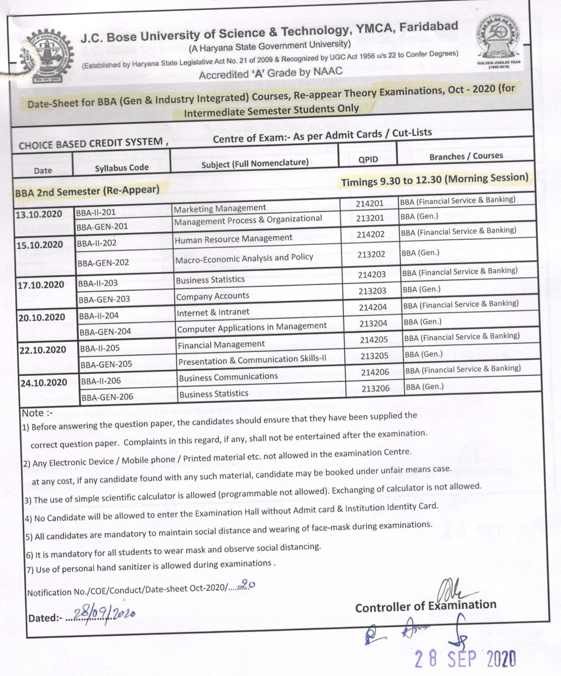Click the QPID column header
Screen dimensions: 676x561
[x=368, y=159]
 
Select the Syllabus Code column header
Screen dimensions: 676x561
[x=122, y=168]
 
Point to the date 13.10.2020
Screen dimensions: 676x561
[x=39, y=214]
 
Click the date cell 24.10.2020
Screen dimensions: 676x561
[x=44, y=383]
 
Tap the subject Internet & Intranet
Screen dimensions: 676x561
[x=213, y=312]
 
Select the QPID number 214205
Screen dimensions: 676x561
[x=374, y=340]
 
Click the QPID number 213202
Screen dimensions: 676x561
[x=371, y=255]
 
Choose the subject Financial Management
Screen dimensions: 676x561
[x=221, y=344]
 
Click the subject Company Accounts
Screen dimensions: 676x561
[x=213, y=296]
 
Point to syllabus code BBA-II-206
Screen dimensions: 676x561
[x=101, y=381]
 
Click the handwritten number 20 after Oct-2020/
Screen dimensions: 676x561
[x=248, y=585]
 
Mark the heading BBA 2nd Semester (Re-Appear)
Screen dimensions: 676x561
[x=87, y=191]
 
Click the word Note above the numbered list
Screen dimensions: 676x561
[x=33, y=413]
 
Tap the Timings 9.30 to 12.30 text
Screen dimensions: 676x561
[x=435, y=180]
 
